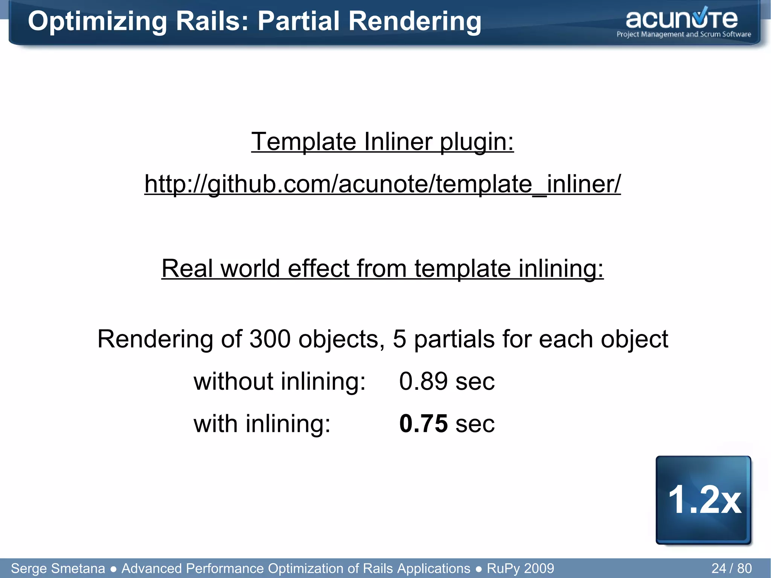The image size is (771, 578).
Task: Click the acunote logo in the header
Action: coord(682,20)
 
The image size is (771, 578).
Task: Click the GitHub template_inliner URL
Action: coord(382,184)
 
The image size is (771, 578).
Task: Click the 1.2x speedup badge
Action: coord(704,500)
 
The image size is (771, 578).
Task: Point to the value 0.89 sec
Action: coord(446,381)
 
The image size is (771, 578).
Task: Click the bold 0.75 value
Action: coord(424,424)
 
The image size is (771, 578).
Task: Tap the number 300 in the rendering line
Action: coord(270,339)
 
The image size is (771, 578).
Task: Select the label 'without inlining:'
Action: coord(279,381)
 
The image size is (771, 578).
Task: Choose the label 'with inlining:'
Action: coord(262,424)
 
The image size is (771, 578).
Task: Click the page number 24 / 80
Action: coord(731,568)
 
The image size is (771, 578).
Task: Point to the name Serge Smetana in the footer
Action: coord(58,568)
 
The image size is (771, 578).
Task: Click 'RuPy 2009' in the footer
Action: coord(520,568)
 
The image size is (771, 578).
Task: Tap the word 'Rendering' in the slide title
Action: coord(414,22)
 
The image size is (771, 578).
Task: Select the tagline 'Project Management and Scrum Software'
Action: coord(683,34)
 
